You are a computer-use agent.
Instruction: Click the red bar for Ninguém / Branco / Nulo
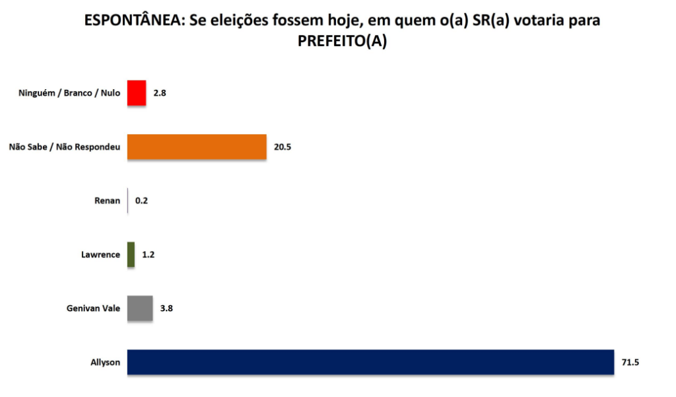click(136, 92)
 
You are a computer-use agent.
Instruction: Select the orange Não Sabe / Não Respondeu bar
click(196, 147)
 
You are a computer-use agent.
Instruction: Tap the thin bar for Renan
click(127, 200)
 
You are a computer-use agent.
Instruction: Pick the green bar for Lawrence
click(131, 254)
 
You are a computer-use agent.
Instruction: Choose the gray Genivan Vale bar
click(139, 308)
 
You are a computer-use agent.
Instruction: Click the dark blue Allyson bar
click(370, 362)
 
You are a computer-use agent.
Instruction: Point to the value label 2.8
click(159, 93)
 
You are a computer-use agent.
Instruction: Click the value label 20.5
click(283, 147)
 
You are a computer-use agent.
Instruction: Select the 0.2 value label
click(141, 201)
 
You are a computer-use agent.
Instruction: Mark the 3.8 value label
click(166, 308)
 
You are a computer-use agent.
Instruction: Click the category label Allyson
click(106, 363)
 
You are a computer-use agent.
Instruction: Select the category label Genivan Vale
click(93, 308)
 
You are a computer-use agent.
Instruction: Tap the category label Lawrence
click(101, 254)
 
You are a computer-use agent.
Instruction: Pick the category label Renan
click(108, 201)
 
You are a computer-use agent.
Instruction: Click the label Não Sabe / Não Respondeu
click(64, 147)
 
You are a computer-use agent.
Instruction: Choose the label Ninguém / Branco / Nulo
click(69, 93)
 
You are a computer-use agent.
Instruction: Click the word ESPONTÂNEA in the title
click(133, 20)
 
